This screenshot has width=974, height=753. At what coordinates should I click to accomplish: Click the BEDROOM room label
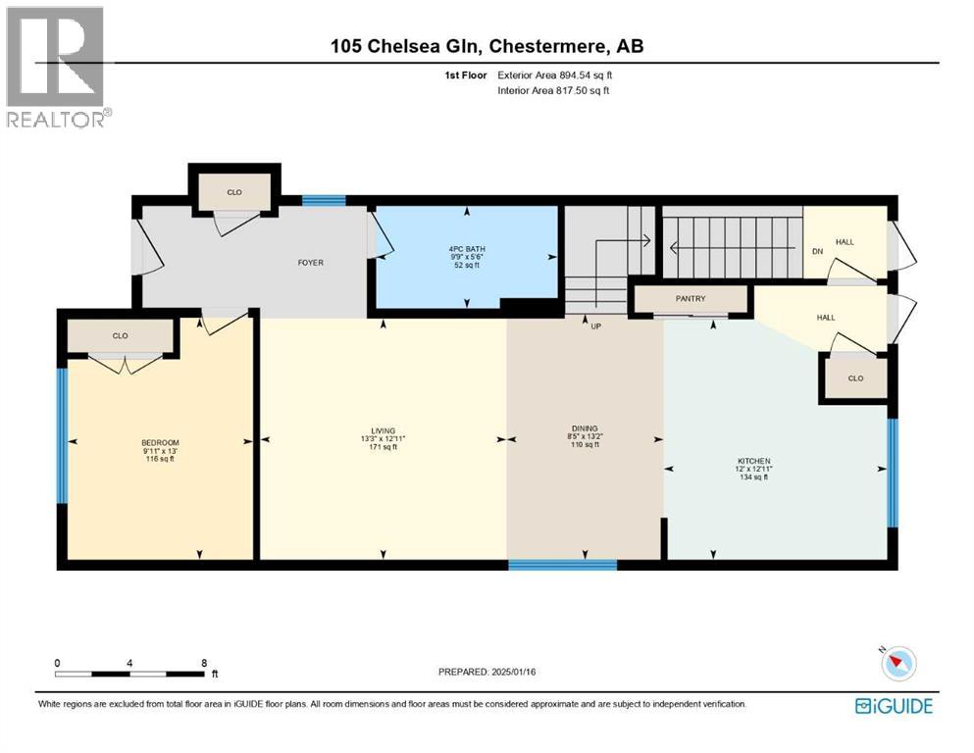click(160, 443)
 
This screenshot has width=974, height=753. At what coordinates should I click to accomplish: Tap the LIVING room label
click(383, 430)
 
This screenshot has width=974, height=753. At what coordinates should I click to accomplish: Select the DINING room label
click(585, 428)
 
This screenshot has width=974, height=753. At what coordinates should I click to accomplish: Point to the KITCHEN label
click(754, 461)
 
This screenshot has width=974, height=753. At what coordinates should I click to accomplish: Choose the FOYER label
click(311, 262)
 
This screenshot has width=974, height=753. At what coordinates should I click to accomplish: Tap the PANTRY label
click(691, 299)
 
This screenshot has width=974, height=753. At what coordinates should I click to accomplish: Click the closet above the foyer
click(234, 192)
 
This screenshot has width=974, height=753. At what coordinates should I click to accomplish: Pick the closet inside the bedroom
click(120, 336)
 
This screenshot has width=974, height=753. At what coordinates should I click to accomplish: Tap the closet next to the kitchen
click(854, 377)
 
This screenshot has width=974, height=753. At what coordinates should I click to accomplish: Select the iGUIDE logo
click(893, 705)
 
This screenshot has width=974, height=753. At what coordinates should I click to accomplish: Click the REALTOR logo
click(58, 68)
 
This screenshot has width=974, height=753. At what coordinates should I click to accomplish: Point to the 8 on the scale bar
click(203, 663)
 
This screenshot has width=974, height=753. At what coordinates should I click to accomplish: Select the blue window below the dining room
click(562, 564)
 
